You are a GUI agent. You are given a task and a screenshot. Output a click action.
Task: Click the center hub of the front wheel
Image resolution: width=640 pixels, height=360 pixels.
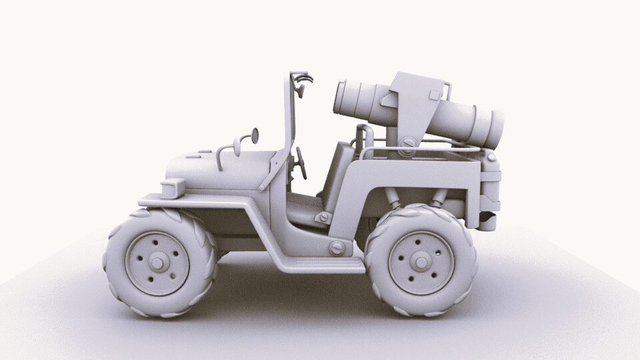157,263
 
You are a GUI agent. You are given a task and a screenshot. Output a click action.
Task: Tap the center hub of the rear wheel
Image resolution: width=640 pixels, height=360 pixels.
421,261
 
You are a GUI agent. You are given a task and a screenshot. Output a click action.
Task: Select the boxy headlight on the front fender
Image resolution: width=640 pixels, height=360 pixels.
173,189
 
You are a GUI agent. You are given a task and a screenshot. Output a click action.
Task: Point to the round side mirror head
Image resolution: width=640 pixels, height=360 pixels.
254,136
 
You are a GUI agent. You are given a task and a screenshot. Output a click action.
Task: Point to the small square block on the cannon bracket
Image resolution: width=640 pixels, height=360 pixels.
435,94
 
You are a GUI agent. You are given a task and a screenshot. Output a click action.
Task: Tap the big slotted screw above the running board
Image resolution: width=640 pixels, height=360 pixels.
337,248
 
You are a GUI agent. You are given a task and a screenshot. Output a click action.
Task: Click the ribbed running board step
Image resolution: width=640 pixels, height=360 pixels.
320,266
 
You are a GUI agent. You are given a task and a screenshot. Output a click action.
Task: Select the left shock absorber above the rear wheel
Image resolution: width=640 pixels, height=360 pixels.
393,197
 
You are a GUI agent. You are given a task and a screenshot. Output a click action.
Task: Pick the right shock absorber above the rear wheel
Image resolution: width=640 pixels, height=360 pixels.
438,197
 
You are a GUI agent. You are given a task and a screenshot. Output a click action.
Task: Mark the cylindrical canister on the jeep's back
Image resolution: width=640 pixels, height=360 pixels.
491,190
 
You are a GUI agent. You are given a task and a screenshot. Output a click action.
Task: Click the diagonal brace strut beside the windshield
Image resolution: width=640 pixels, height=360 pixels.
275,171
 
